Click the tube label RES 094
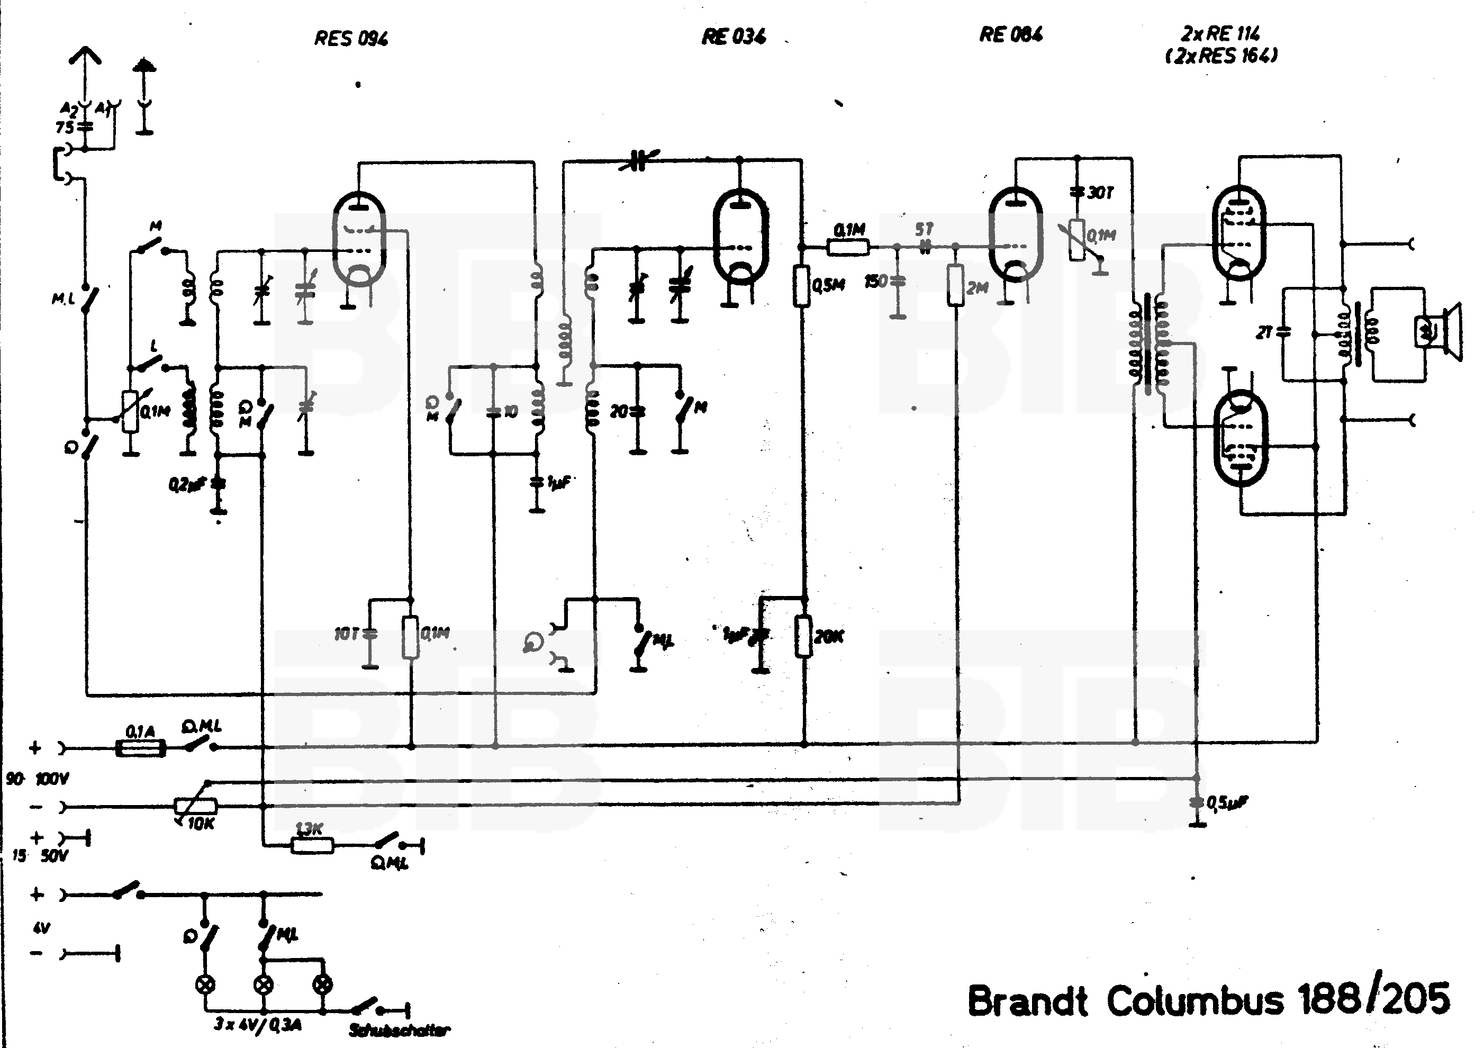(x=351, y=39)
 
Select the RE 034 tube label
(x=734, y=36)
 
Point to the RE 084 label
(x=1011, y=34)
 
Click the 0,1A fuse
(x=140, y=748)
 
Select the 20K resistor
(x=803, y=636)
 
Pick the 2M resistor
(x=956, y=285)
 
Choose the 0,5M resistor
(x=802, y=285)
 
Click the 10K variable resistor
(x=196, y=807)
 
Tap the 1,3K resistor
(x=312, y=844)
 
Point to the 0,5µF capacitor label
(x=1227, y=803)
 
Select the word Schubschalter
(x=399, y=1031)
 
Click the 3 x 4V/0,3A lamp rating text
(x=257, y=1025)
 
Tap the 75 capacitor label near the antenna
(x=65, y=128)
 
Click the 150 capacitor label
(x=876, y=281)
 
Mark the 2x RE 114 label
(x=1220, y=34)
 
